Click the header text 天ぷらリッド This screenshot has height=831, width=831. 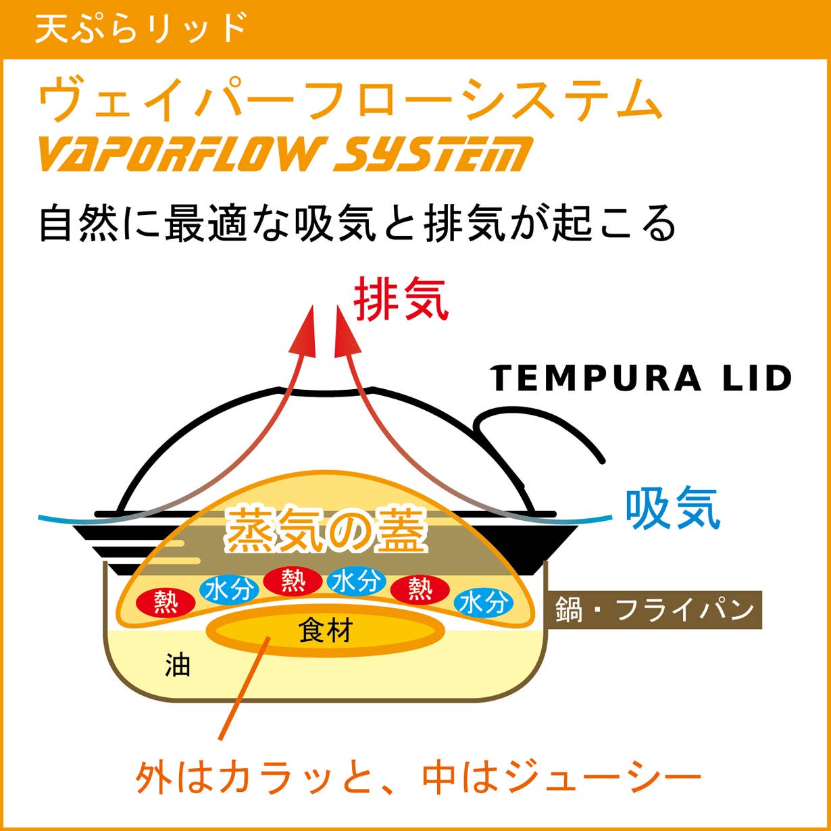[141, 28]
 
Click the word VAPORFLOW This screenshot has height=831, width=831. [181, 153]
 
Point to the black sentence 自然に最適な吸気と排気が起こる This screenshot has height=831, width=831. [357, 224]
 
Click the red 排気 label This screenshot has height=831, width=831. [401, 298]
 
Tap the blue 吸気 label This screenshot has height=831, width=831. [673, 509]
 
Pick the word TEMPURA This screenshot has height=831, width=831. [595, 378]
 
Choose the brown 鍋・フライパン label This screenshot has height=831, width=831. [654, 610]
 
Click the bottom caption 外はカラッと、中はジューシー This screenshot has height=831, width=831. [418, 779]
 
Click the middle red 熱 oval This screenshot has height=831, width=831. [293, 581]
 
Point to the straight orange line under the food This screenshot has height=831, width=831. [244, 688]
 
